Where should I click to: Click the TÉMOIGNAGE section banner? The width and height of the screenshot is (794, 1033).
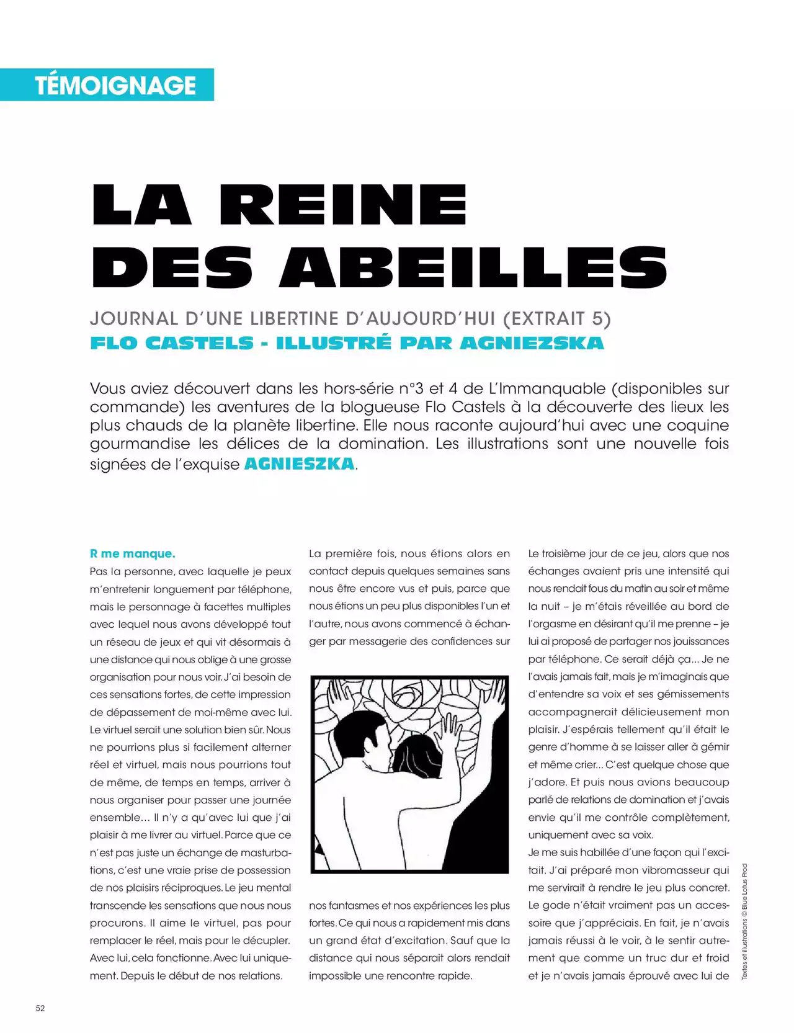click(115, 85)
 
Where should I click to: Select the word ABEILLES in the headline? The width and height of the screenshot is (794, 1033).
click(473, 267)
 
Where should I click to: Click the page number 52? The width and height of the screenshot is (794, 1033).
click(40, 1008)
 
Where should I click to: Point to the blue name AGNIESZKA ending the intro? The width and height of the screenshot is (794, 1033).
click(300, 463)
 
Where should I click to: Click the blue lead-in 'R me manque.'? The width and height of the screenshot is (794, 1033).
click(133, 553)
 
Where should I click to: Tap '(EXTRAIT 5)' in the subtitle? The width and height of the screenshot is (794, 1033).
click(556, 319)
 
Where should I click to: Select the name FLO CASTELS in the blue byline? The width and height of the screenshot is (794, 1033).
click(172, 343)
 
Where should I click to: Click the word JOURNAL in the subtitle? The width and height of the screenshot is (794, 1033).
click(134, 319)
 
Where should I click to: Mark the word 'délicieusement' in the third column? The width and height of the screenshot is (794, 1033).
click(641, 712)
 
